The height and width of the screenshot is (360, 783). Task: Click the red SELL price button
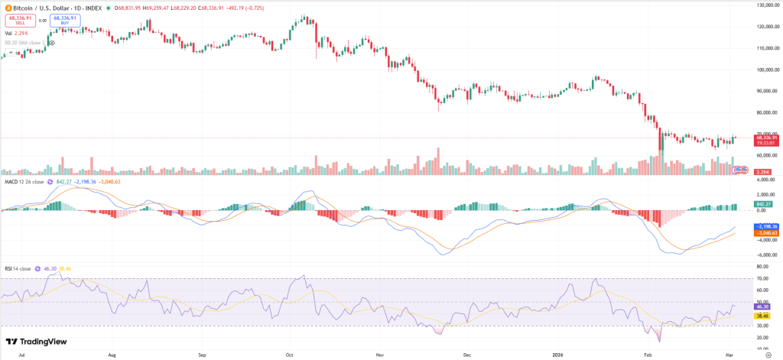[21, 21]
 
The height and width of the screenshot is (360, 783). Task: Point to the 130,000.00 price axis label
[767, 5]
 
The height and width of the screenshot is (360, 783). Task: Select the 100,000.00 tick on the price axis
[767, 69]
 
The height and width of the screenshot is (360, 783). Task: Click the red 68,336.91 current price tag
[767, 138]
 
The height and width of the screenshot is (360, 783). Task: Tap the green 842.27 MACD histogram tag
[762, 204]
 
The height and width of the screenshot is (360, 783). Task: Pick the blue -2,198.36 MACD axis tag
[765, 226]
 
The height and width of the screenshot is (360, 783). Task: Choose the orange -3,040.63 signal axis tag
[765, 232]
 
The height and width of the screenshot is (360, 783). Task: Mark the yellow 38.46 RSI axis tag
[761, 316]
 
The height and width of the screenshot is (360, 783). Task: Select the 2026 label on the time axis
[560, 355]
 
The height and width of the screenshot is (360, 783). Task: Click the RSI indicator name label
[10, 268]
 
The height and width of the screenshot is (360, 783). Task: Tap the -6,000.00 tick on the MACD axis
[765, 255]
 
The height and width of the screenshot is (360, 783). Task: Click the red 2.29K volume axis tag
[762, 172]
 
